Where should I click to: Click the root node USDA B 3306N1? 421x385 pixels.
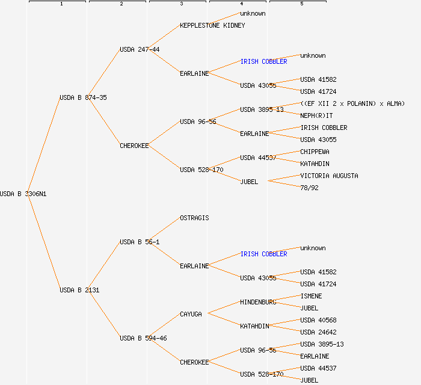tap(23, 194)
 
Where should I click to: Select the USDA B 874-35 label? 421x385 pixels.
tap(83, 97)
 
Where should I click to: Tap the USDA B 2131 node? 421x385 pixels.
tap(79, 290)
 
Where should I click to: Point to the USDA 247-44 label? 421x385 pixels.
tap(140, 49)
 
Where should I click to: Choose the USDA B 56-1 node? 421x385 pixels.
tap(140, 242)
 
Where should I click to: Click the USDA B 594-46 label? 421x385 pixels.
tap(143, 338)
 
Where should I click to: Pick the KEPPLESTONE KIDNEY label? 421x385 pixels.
tap(212, 25)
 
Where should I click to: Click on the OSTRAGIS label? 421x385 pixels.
tap(194, 218)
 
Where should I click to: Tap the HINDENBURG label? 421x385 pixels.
tap(258, 302)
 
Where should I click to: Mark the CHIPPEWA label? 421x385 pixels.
tap(315, 152)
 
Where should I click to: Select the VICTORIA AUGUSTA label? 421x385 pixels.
tap(329, 176)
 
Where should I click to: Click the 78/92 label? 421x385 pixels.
tap(309, 188)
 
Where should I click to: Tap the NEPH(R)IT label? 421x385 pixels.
tap(316, 115)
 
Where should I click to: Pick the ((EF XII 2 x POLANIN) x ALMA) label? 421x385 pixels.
tap(352, 103)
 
